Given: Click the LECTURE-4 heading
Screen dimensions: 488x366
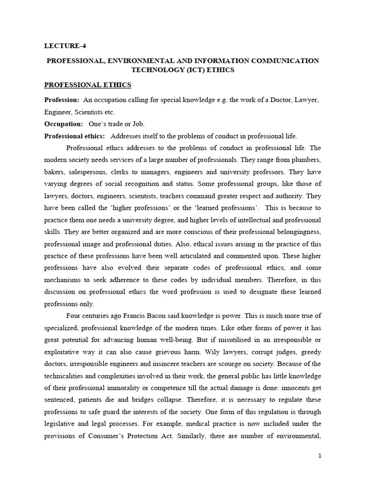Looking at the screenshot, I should coord(66,46).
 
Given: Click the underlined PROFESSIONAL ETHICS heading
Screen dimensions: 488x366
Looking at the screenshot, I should coord(88,85).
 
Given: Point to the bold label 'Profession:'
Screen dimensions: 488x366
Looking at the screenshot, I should coord(61,100).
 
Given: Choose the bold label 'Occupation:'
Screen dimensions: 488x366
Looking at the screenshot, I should coord(63,124).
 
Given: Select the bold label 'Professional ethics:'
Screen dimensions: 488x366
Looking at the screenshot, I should coord(74,136).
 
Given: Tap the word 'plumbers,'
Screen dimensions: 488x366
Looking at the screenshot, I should coord(305,160).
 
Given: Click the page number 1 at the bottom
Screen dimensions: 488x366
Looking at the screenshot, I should coord(320,456).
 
